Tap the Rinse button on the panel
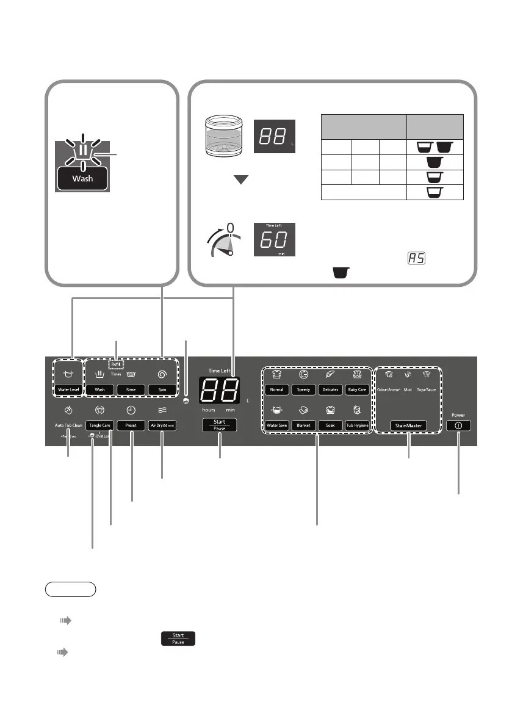(131, 389)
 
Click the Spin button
(162, 389)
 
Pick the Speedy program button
(304, 389)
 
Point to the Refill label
(115, 364)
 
